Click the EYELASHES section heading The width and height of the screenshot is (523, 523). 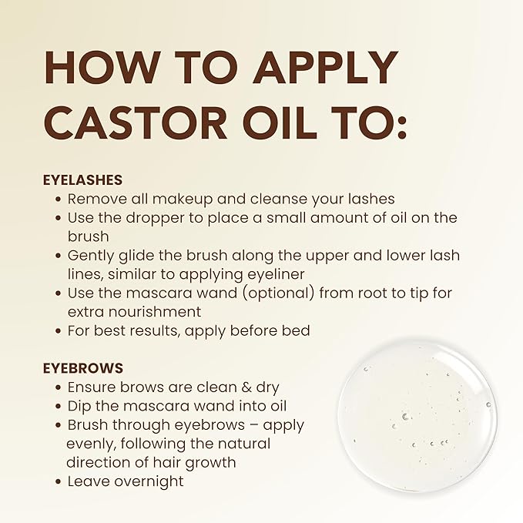[82, 179]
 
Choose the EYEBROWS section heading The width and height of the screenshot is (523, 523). [82, 368]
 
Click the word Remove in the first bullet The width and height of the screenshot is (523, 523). [94, 199]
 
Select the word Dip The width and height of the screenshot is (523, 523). [79, 406]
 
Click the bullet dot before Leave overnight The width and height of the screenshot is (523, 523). [59, 482]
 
